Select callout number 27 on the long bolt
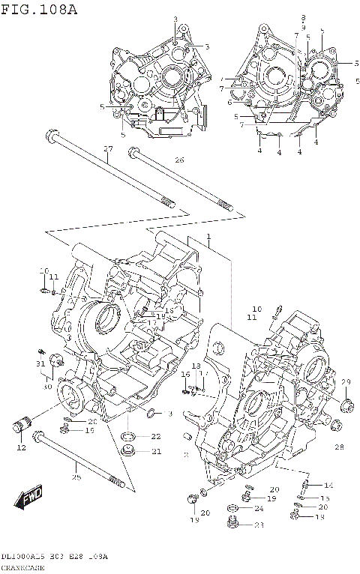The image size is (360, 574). click(107, 148)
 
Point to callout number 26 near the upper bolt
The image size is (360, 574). click(178, 160)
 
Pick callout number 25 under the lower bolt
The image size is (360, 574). click(76, 477)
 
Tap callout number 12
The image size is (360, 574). click(22, 447)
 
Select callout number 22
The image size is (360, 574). click(155, 436)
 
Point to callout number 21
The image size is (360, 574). click(155, 451)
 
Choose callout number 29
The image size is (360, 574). click(346, 382)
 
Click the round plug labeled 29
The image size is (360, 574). click(346, 407)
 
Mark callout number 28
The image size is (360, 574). click(338, 447)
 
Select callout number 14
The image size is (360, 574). click(328, 486)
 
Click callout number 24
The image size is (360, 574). click(259, 509)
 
